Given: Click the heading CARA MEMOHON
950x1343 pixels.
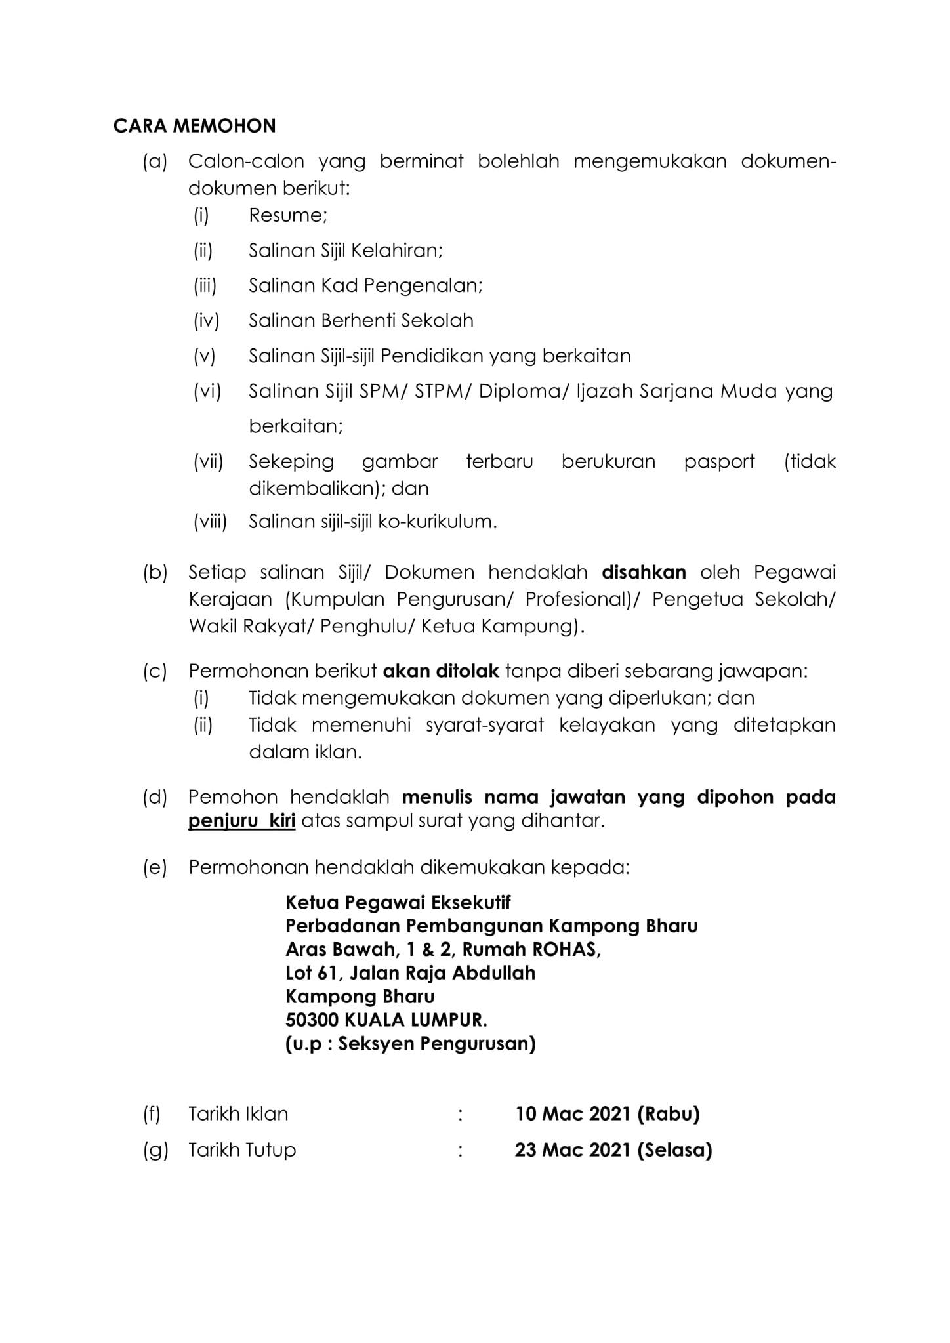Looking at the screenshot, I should [x=194, y=125].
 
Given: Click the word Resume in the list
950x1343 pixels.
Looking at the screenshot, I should [x=287, y=215].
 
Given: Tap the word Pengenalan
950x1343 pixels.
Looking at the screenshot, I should [x=423, y=286].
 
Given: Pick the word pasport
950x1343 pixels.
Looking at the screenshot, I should [x=719, y=462].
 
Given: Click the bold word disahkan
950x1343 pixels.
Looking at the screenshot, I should [x=644, y=572].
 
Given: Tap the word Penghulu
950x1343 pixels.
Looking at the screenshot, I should [x=366, y=627].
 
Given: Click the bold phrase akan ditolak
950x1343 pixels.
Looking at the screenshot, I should [x=441, y=671].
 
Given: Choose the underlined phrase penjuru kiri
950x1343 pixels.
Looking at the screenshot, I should [x=241, y=821].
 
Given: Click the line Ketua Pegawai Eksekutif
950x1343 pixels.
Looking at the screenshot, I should [x=398, y=903].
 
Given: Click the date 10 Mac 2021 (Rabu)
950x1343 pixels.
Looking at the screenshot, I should [x=607, y=1113].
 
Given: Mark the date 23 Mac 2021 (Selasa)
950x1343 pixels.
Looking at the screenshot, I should [x=613, y=1149].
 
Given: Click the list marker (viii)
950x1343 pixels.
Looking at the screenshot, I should [x=210, y=522].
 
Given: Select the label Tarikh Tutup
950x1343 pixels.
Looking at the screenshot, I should [x=242, y=1149].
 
